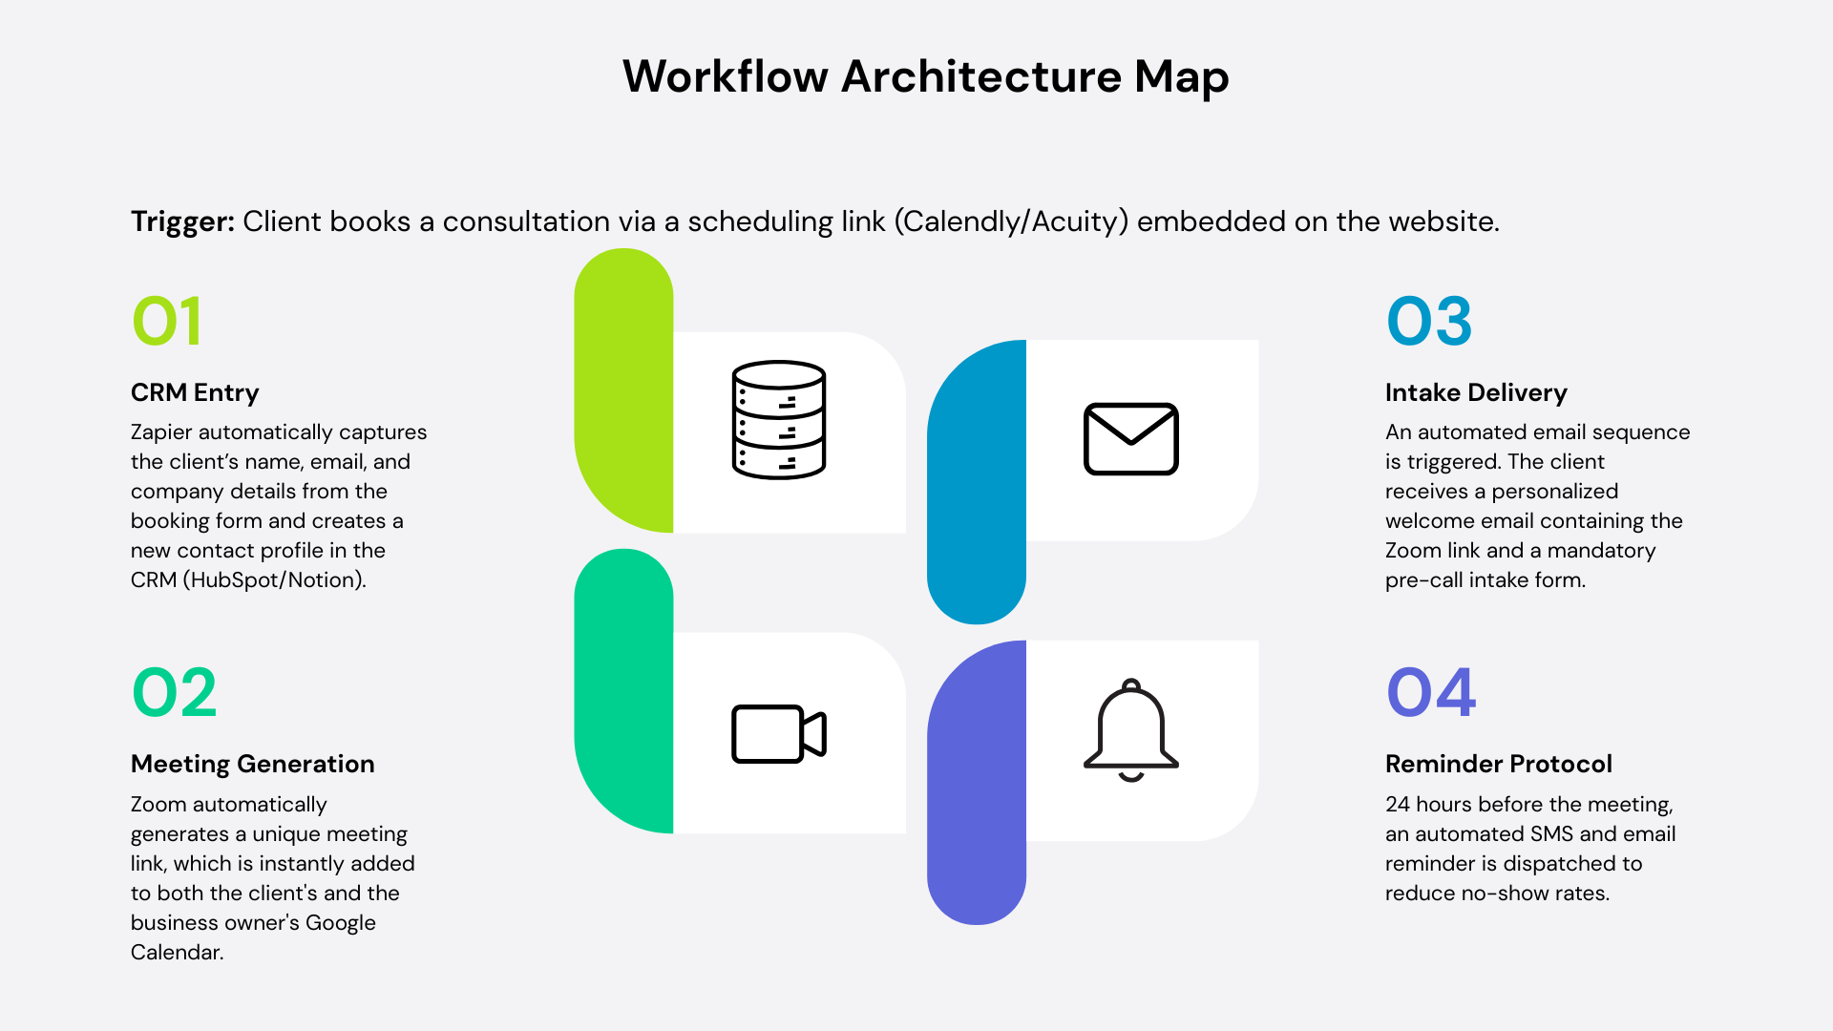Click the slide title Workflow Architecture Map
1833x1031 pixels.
[x=925, y=76]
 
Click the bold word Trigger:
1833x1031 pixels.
[x=182, y=221]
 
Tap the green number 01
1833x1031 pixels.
[x=167, y=322]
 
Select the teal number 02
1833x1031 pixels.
[x=175, y=693]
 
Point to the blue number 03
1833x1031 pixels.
[x=1429, y=322]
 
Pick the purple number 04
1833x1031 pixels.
[x=1431, y=693]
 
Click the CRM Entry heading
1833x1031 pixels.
[x=195, y=392]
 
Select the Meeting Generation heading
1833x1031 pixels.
[x=252, y=764]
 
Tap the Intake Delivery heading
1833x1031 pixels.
[x=1476, y=392]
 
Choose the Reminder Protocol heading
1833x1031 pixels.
[x=1498, y=764]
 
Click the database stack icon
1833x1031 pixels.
[x=779, y=420]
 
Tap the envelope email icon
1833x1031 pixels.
[x=1131, y=439]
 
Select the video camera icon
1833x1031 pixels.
[x=779, y=734]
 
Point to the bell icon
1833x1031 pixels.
[x=1131, y=730]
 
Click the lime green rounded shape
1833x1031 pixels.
[x=623, y=391]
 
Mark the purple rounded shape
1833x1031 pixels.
[x=977, y=783]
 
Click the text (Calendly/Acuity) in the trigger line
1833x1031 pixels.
[x=1012, y=221]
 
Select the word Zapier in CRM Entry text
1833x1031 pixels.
[x=160, y=432]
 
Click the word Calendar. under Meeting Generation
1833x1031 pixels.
[x=177, y=952]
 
